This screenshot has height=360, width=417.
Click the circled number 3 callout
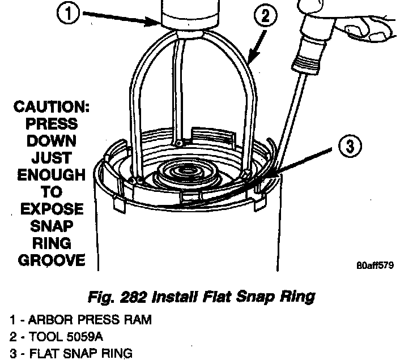coord(349,146)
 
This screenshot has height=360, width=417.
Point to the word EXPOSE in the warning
coord(51,209)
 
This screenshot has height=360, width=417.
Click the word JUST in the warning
coord(51,158)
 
